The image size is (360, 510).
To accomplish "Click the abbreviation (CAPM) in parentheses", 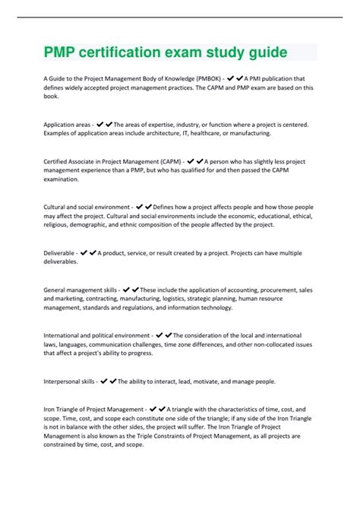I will (x=169, y=161).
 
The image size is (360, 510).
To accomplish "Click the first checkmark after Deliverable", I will (x=84, y=252).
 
